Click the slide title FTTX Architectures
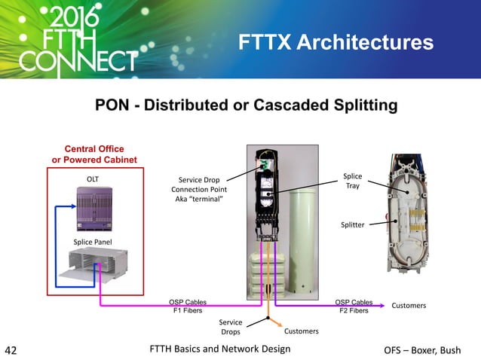335,42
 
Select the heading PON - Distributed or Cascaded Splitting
246,105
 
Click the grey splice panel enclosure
93,266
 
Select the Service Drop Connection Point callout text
198,189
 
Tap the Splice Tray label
353,181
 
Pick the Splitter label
353,225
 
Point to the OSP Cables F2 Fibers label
354,306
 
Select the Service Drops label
231,327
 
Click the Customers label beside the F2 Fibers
409,305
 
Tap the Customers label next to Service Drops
301,331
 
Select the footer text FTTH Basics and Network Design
220,349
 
